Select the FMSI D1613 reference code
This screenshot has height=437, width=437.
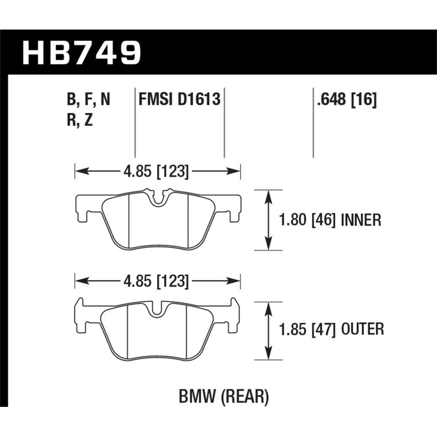tap(180, 100)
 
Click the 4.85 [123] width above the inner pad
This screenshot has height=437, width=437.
tap(157, 172)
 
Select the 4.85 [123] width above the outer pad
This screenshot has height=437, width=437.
tap(157, 282)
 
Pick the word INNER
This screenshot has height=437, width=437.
tap(361, 220)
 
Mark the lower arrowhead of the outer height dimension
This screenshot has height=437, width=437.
tap(268, 355)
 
